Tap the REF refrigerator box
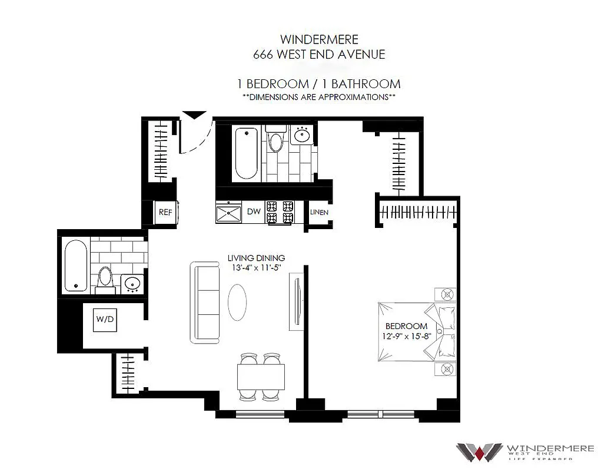165,213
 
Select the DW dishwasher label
254,211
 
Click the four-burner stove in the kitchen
280,212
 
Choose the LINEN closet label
319,212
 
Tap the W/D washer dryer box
104,320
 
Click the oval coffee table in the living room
237,303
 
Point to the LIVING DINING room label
256,258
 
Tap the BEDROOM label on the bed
406,326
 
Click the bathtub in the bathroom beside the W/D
75,266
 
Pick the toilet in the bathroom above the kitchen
275,141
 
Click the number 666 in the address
263,55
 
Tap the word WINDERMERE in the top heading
319,40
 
